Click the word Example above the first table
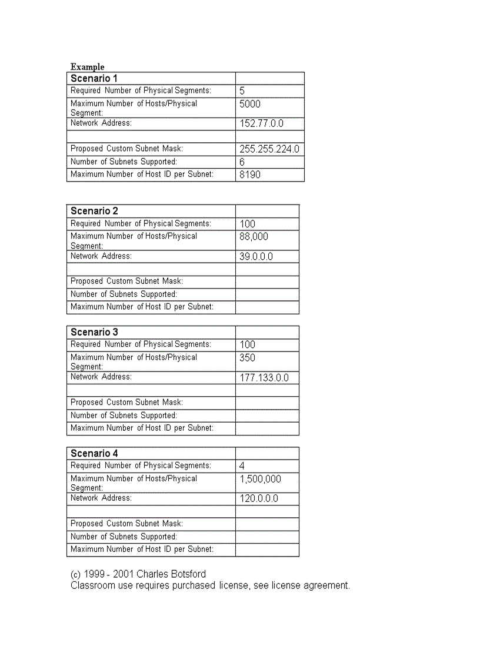[87, 67]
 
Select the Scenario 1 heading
[94, 78]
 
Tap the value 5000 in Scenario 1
[250, 104]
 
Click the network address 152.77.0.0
[261, 123]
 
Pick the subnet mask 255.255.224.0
[269, 149]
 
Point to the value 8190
[250, 175]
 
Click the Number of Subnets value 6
[242, 162]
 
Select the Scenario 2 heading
[94, 211]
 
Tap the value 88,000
[254, 237]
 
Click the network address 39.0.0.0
[256, 257]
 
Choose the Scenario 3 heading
[94, 332]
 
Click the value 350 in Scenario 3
[248, 358]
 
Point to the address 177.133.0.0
[264, 378]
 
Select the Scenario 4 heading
[94, 453]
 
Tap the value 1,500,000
[260, 479]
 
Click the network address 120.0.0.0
[259, 499]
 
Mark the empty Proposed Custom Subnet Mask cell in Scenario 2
[267, 282]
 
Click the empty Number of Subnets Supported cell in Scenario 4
[267, 537]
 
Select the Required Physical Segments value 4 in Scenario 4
[242, 466]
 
